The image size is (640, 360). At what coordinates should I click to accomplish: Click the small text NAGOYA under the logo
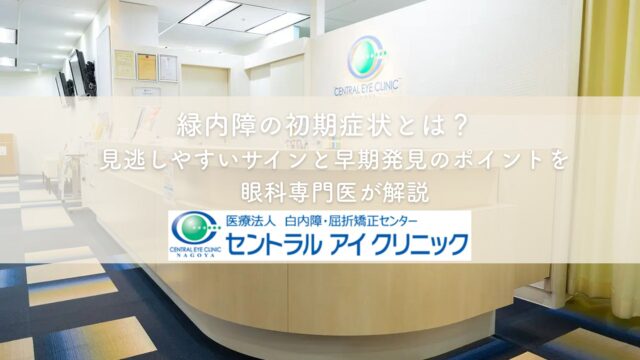tap(196, 255)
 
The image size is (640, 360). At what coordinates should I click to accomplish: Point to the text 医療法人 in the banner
tap(247, 221)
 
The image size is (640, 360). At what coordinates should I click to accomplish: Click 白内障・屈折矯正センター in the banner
tap(351, 221)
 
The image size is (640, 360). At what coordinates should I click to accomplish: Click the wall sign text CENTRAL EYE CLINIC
tap(366, 89)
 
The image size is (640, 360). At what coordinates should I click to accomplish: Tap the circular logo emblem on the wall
tap(367, 58)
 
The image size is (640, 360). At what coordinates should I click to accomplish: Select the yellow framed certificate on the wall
tap(147, 67)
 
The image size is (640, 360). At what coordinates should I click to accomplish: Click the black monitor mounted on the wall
tap(80, 73)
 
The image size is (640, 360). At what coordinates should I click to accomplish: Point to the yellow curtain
tap(608, 155)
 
